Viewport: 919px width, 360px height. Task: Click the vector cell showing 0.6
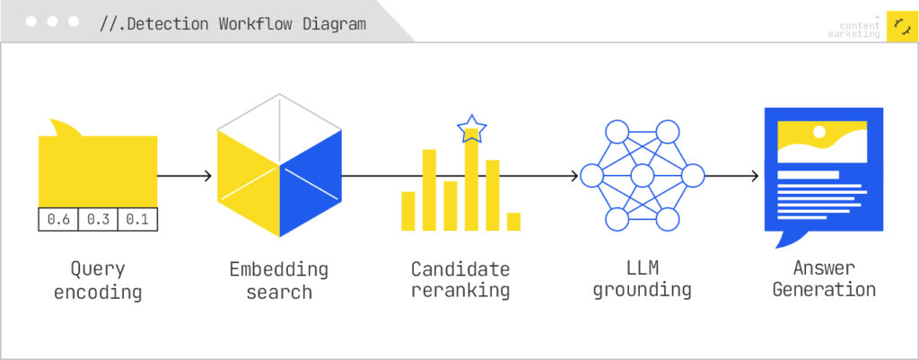tap(58, 219)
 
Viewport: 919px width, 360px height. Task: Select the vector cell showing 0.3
tap(99, 219)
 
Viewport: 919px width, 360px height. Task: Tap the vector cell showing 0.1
tap(137, 219)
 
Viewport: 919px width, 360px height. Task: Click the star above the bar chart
tap(472, 129)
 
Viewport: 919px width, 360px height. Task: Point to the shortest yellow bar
tap(513, 222)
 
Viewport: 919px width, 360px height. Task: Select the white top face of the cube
tap(280, 129)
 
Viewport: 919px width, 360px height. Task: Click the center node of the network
tap(643, 175)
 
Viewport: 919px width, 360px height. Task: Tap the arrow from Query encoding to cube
tap(185, 175)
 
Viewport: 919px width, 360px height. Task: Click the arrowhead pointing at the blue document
tap(755, 175)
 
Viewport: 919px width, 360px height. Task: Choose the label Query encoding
tap(98, 280)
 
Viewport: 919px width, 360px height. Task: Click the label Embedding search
tap(279, 280)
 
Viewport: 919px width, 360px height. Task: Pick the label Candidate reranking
tap(460, 280)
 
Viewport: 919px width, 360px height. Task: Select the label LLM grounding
tap(643, 280)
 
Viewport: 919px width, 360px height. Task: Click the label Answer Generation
tap(824, 280)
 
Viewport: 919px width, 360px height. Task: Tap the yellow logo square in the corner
tap(903, 26)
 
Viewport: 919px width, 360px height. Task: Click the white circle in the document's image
tap(819, 132)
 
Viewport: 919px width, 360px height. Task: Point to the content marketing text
tap(854, 30)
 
